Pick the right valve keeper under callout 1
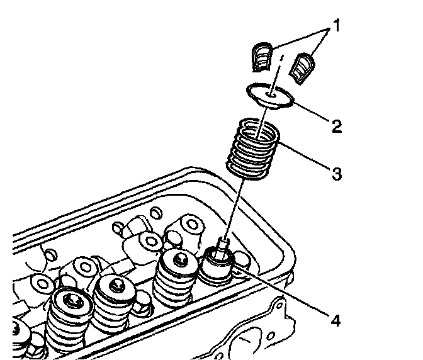(304, 67)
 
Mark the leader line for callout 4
(283, 292)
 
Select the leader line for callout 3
(306, 157)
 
